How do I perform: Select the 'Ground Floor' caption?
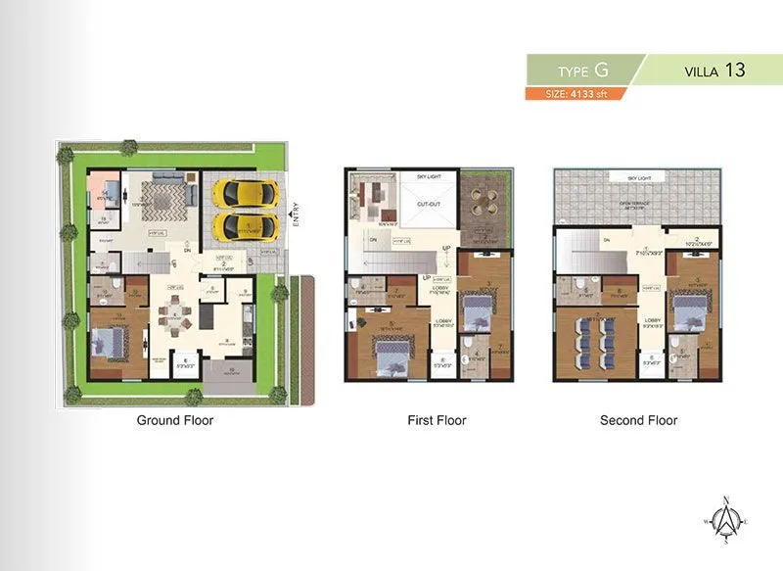[x=173, y=420]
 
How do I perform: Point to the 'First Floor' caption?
[x=437, y=420]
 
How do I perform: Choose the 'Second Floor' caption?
[x=638, y=420]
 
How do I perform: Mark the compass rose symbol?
[x=725, y=521]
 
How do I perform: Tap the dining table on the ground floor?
[x=176, y=315]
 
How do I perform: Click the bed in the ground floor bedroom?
[x=109, y=344]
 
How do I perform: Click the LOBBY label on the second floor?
[x=653, y=319]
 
